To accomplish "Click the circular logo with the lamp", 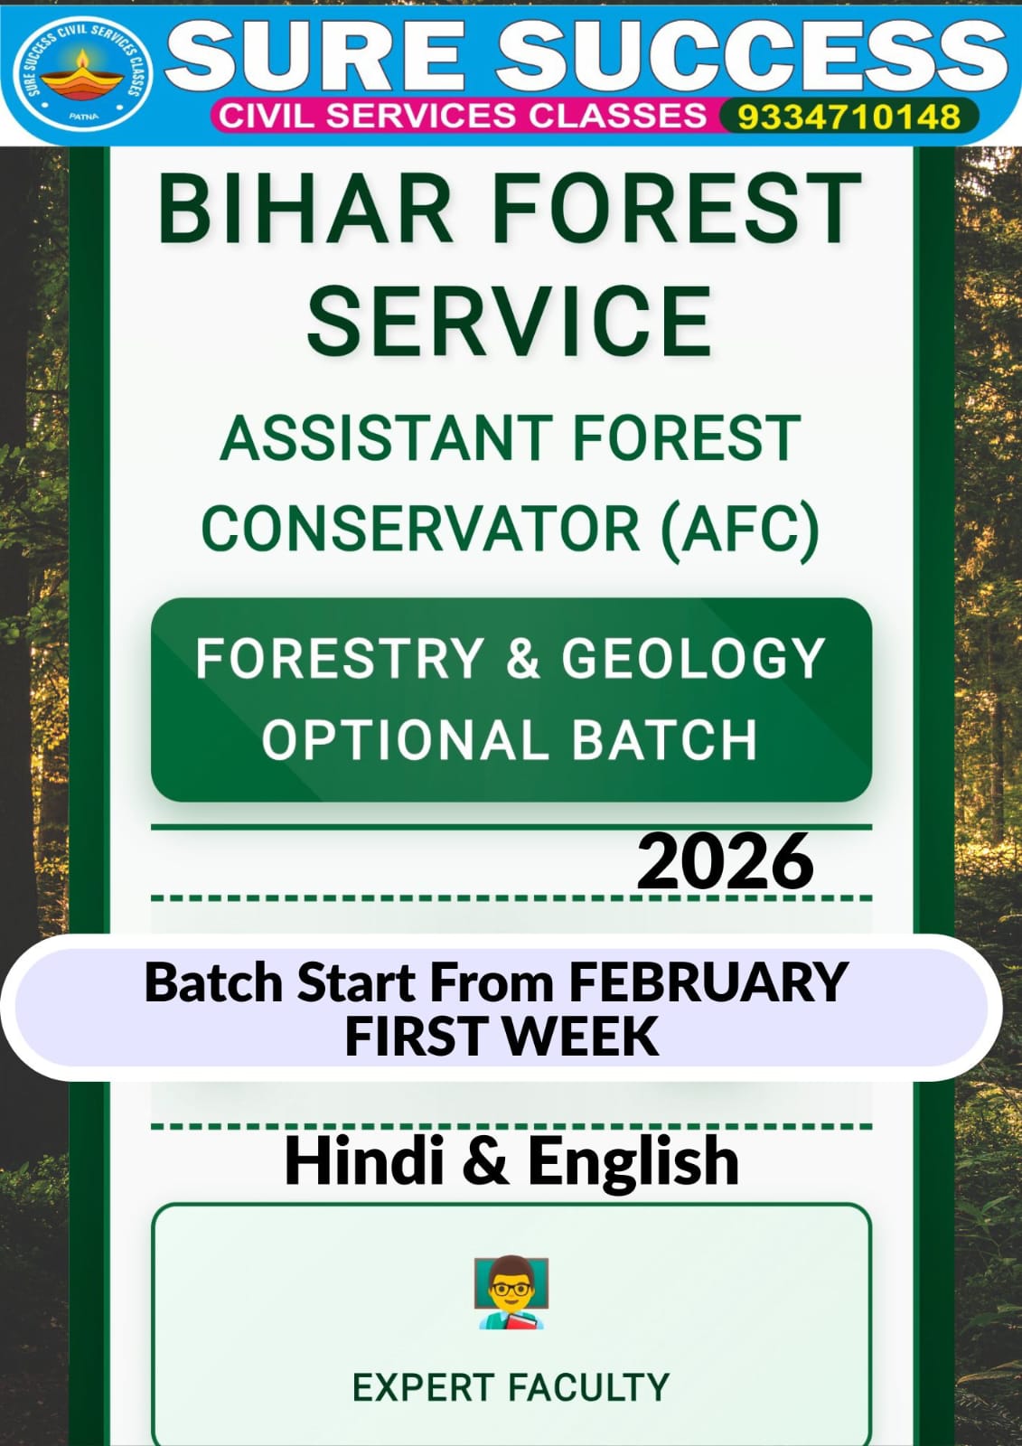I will coord(82,72).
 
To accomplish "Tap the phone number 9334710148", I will coord(849,117).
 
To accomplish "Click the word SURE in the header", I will coord(317,54).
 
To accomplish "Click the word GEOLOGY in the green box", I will coord(694,658).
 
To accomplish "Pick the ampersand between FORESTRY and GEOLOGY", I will coord(522,658).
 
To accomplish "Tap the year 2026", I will coord(726,861).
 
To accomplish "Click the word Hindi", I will coord(364,1160).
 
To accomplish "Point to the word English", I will coord(633,1160).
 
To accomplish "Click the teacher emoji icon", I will coord(511,1291).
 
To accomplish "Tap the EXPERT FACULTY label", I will coord(511,1387).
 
